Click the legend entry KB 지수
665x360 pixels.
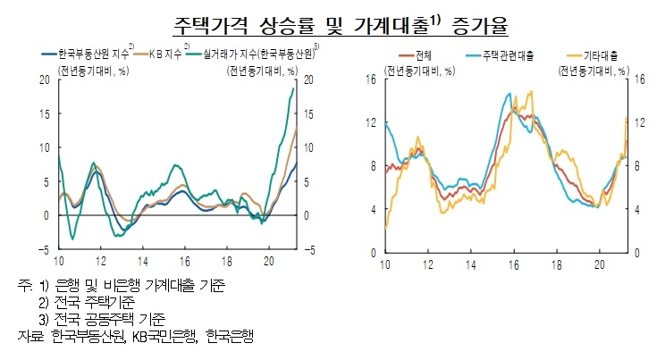coord(165,54)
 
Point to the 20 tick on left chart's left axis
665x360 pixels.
coord(43,80)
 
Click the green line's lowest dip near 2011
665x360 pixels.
coord(72,239)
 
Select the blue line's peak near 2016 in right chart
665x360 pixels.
coord(509,93)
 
